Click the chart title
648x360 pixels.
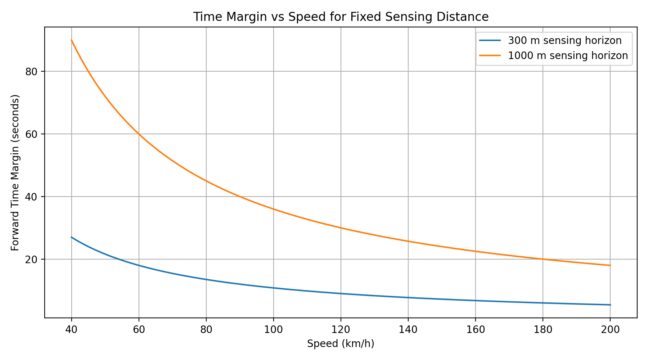click(341, 17)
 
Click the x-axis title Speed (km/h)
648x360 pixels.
click(341, 344)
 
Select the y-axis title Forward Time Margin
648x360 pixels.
click(15, 173)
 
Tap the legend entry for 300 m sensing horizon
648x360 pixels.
click(564, 41)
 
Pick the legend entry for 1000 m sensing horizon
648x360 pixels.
click(568, 56)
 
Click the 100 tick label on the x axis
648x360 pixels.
click(274, 329)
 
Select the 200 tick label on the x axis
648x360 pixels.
click(610, 329)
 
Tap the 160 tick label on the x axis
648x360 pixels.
click(476, 329)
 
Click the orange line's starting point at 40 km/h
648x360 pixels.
click(72, 40)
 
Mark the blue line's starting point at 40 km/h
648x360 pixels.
click(72, 237)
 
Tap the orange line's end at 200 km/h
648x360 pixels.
click(610, 265)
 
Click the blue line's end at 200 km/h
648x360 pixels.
click(610, 305)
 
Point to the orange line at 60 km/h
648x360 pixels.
click(139, 134)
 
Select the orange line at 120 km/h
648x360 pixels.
click(341, 228)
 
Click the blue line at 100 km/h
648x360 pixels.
click(274, 288)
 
